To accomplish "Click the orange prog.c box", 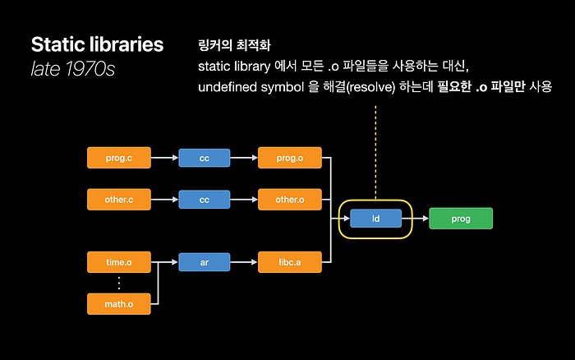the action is (x=119, y=158).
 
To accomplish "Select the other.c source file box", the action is (x=119, y=200).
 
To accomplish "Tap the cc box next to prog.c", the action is (x=205, y=158).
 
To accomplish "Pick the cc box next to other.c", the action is (x=205, y=200).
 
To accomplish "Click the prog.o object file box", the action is (x=290, y=158).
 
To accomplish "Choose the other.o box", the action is (x=290, y=200).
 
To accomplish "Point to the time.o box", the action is (x=119, y=262).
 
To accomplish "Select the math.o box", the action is (x=119, y=304).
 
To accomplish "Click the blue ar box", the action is (x=205, y=262).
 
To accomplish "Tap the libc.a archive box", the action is (x=290, y=262).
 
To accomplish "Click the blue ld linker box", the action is (x=376, y=219).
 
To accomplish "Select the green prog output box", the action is (x=461, y=219).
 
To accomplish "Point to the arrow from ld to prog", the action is (x=416, y=219).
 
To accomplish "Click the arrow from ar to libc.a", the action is (x=244, y=262).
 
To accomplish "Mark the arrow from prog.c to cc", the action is (x=164, y=158).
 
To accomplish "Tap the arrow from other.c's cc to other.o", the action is (x=244, y=200).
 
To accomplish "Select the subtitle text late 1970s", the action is (x=73, y=68).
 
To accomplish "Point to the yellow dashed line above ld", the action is (x=375, y=152).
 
